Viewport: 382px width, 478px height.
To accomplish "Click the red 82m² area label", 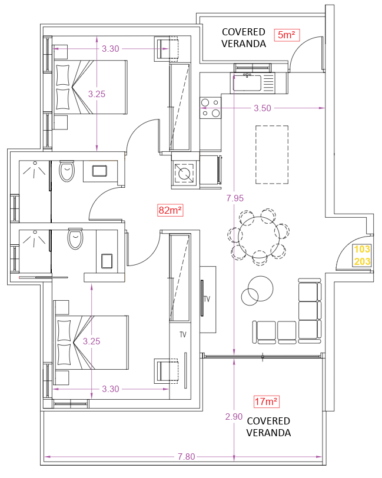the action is point(170,210).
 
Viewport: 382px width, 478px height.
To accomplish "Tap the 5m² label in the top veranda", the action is point(287,35).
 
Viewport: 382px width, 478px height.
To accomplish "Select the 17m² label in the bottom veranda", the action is point(267,401).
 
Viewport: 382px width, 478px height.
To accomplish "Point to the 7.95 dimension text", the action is point(235,198).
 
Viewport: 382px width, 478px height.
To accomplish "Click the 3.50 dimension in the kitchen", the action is point(263,108).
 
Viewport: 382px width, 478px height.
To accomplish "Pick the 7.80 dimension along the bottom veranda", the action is point(186,457).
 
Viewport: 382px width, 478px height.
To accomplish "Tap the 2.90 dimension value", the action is point(234,416).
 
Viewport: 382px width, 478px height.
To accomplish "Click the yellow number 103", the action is point(362,249).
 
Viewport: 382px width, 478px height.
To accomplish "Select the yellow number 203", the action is point(362,261).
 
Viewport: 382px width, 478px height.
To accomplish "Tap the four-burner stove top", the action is point(210,108).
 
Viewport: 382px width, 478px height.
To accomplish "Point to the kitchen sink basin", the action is point(247,82).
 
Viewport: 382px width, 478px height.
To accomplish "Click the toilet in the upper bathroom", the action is point(67,171).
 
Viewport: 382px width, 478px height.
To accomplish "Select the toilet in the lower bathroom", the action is point(75,238).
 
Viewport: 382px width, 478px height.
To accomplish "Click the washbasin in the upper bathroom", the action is point(99,171).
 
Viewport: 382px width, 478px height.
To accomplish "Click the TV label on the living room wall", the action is point(207,299).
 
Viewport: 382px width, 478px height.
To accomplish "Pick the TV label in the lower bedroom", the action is point(183,335).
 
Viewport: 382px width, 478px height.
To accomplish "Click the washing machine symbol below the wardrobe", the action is point(184,174).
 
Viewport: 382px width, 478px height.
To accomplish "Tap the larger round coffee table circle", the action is point(260,288).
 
